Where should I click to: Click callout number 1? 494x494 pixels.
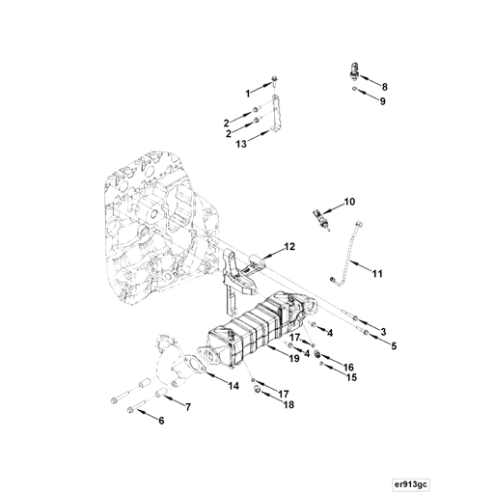(247, 93)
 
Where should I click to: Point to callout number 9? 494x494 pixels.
(382, 101)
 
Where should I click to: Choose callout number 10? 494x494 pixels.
(349, 202)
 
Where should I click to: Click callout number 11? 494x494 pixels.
(377, 274)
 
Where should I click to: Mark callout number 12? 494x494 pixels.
(288, 248)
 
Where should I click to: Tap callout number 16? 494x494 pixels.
(349, 368)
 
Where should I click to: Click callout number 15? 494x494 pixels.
(351, 378)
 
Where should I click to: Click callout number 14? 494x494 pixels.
(233, 386)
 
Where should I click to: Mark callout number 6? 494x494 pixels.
(161, 421)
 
